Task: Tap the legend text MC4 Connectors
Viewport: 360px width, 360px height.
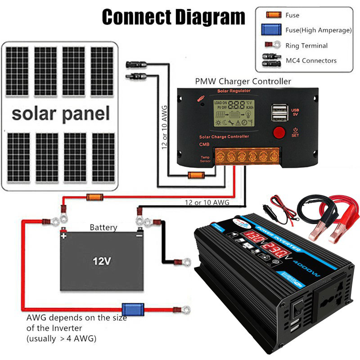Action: pyautogui.click(x=311, y=60)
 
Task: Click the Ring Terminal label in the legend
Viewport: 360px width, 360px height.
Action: pyautogui.click(x=306, y=45)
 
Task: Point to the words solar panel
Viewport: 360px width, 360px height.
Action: pyautogui.click(x=60, y=113)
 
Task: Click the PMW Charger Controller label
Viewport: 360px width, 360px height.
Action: pyautogui.click(x=243, y=81)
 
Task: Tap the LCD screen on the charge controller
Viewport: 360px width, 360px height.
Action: pyautogui.click(x=233, y=112)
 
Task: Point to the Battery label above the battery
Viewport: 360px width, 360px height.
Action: pyautogui.click(x=103, y=227)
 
